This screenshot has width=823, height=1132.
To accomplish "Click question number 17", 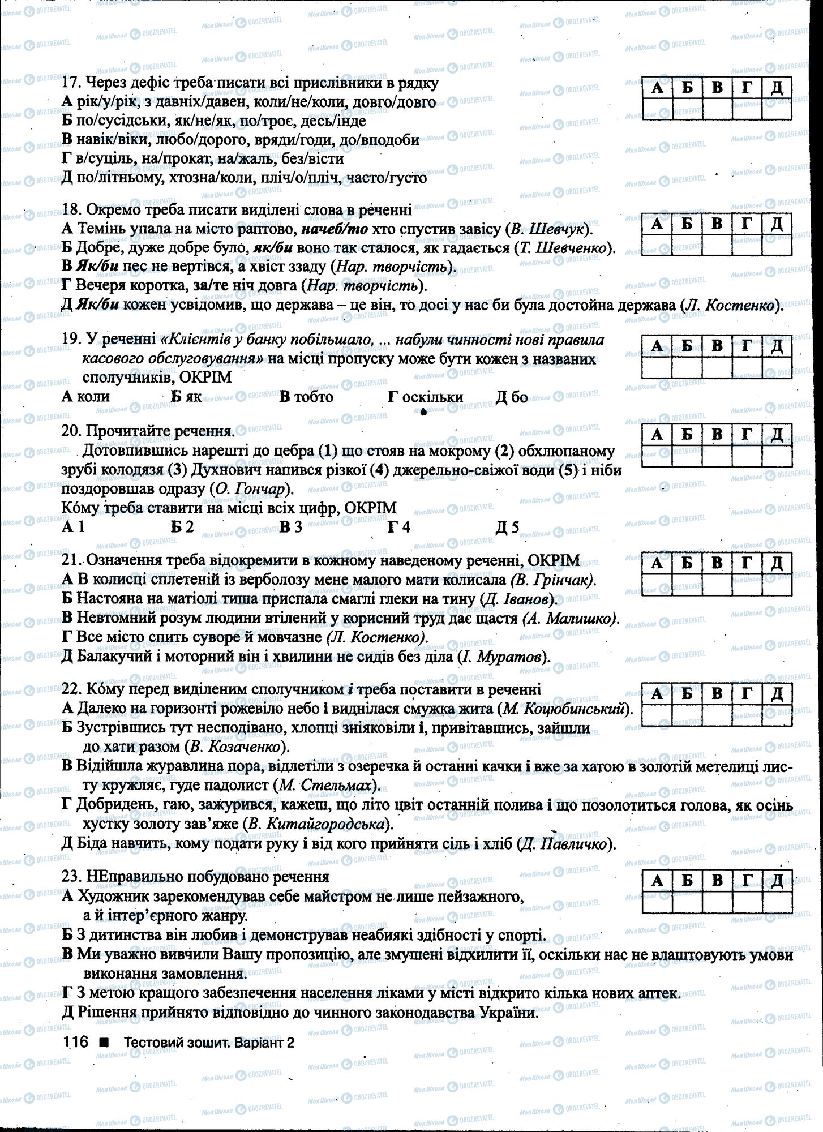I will [69, 83].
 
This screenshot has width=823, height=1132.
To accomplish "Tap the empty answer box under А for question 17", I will [657, 108].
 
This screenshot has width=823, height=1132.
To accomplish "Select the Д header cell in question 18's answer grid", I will [777, 224].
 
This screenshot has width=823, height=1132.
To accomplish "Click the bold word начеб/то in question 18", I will [335, 229].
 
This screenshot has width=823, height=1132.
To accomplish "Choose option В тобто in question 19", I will [306, 397].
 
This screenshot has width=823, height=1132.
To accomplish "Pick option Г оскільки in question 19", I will [426, 397].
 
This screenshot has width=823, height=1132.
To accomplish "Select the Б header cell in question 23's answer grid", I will [687, 880].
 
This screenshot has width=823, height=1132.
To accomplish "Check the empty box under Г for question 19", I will [747, 367].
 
